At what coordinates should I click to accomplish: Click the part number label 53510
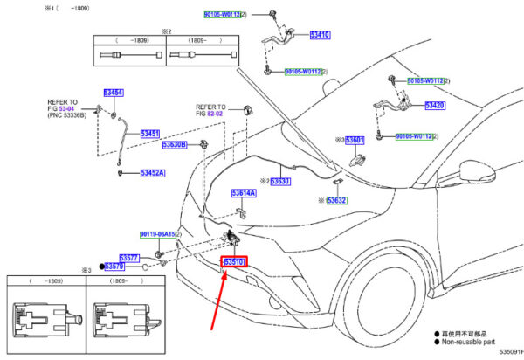coord(235,261)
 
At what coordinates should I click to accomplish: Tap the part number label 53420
coord(435,105)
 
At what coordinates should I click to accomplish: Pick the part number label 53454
coord(89,93)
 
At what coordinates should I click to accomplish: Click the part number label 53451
coord(150,134)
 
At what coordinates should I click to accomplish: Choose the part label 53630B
coord(174,144)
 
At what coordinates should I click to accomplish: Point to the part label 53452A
coord(154,173)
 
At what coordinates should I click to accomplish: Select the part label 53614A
coord(244,192)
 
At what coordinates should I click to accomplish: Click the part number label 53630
coord(279,182)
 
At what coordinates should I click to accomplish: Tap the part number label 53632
coord(337,200)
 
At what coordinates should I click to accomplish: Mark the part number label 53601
coord(355,140)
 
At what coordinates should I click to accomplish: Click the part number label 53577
coord(129,258)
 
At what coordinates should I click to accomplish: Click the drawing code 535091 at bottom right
coord(507,354)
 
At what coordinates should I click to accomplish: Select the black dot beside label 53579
coord(103,267)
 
